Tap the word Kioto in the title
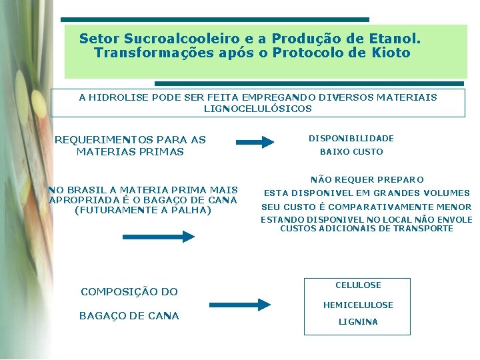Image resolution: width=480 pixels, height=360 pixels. (x=389, y=53)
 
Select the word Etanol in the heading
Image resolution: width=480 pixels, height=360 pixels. (x=394, y=39)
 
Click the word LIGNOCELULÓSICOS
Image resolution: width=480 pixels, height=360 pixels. (x=257, y=108)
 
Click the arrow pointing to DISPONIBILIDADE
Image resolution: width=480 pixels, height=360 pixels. (x=255, y=141)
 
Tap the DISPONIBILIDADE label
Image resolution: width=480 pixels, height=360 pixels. (x=351, y=139)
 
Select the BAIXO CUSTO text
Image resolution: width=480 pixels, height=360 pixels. (x=351, y=152)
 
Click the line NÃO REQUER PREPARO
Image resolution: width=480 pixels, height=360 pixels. (x=367, y=180)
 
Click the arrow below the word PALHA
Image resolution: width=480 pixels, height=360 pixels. (x=158, y=236)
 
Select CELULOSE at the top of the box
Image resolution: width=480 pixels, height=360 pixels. (x=358, y=285)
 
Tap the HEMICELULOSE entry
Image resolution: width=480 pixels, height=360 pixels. (x=358, y=305)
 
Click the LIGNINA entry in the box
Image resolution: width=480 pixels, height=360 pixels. (x=358, y=322)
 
